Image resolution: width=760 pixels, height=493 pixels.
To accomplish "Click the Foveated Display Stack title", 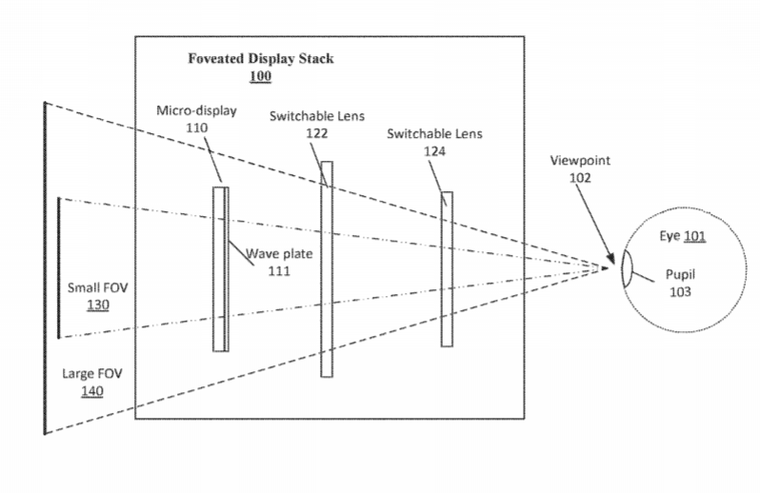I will (x=261, y=59).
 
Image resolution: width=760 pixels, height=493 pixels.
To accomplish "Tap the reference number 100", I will (x=261, y=76).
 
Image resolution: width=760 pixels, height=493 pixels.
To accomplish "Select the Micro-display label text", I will (x=196, y=110).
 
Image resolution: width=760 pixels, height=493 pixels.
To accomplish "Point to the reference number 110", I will (x=197, y=127).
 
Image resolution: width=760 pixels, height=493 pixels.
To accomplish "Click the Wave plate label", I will (x=280, y=254).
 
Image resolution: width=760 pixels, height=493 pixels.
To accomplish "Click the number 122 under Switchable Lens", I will (x=317, y=133).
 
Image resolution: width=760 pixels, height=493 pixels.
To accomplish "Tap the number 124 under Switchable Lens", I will (x=433, y=150).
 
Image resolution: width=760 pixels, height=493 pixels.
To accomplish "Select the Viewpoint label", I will (x=580, y=161).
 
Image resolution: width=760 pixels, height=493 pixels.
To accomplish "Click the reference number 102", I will (x=580, y=177).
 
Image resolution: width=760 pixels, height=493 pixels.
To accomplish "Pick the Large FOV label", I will (x=91, y=373).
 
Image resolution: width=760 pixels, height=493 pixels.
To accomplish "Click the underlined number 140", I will (x=91, y=391).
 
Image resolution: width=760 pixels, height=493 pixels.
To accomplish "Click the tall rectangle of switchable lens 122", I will (x=327, y=314).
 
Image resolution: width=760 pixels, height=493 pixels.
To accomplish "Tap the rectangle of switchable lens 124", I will (x=446, y=305).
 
